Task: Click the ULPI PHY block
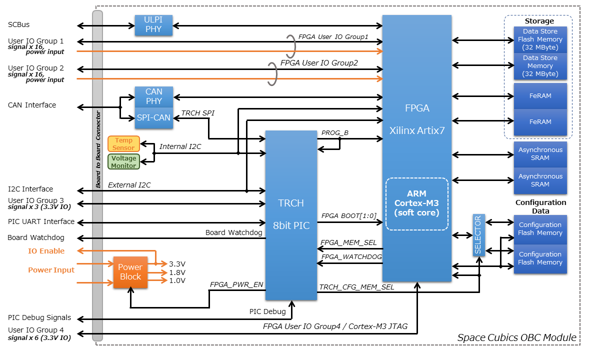coord(153,25)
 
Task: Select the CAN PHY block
coord(153,96)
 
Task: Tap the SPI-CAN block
coord(153,118)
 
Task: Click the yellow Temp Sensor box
coord(123,144)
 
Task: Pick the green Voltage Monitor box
coord(123,162)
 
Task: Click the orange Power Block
coord(130,272)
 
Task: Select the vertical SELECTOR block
coord(478,234)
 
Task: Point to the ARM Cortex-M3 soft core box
coord(416,203)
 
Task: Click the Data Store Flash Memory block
coord(540,39)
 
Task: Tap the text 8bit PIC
coord(290,226)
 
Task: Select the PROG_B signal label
coord(334,133)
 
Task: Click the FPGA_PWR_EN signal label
coord(236,284)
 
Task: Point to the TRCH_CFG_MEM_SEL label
coord(356,287)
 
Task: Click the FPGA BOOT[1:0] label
coord(348,216)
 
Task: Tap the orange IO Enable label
coord(46,251)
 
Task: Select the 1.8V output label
coord(177,272)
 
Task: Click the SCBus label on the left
coord(22,24)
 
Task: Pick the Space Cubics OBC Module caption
coord(516,338)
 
